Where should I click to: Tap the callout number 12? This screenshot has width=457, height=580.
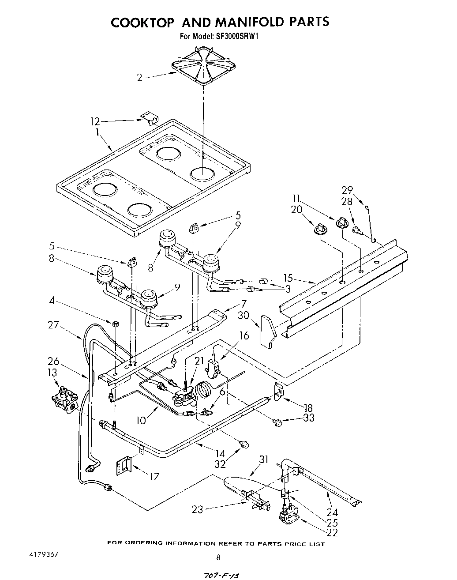[95, 121]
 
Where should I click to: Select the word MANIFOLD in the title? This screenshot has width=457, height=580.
[237, 22]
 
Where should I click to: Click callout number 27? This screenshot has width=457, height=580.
[53, 325]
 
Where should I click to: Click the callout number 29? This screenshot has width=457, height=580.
[347, 190]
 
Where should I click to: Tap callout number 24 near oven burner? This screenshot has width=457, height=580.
[332, 512]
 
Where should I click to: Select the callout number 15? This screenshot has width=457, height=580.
[288, 279]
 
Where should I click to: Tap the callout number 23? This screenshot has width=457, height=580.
[198, 509]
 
